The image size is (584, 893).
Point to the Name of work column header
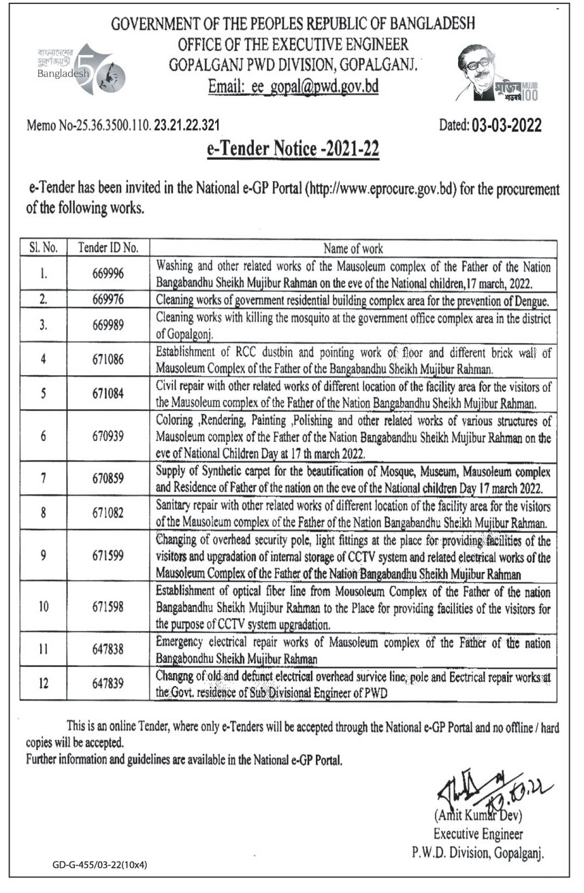[353, 248]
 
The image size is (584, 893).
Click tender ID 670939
[108, 436]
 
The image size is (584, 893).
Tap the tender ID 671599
[108, 555]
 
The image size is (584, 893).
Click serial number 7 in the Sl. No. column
[43, 478]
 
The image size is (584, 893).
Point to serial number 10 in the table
[43, 605]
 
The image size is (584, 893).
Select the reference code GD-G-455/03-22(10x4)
[100, 865]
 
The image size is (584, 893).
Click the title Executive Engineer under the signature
[478, 834]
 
